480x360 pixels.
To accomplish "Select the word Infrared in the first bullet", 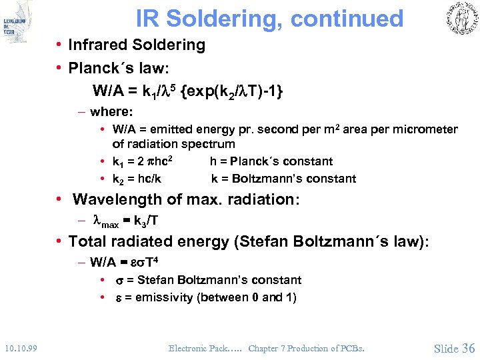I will pyautogui.click(x=101, y=45).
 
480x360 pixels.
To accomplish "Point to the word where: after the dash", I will pyautogui.click(x=112, y=111).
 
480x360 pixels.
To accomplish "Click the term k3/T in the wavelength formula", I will pyautogui.click(x=146, y=220).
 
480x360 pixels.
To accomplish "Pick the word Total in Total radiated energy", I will pyautogui.click(x=87, y=241).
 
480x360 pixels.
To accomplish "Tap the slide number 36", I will pyautogui.click(x=467, y=348).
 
